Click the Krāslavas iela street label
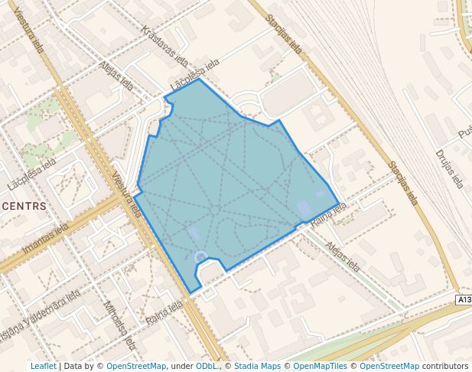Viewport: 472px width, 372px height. point(164,47)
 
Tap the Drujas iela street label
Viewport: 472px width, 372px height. point(449,169)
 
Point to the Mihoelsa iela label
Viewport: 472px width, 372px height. point(119,324)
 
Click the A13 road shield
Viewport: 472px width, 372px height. point(464,299)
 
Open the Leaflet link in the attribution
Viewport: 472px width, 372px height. point(43,367)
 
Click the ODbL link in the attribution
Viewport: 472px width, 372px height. point(207,367)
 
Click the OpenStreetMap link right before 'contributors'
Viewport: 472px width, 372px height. point(389,367)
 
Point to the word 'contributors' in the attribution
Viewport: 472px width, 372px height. point(445,367)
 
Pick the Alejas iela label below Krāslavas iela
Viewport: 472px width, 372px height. point(116,76)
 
